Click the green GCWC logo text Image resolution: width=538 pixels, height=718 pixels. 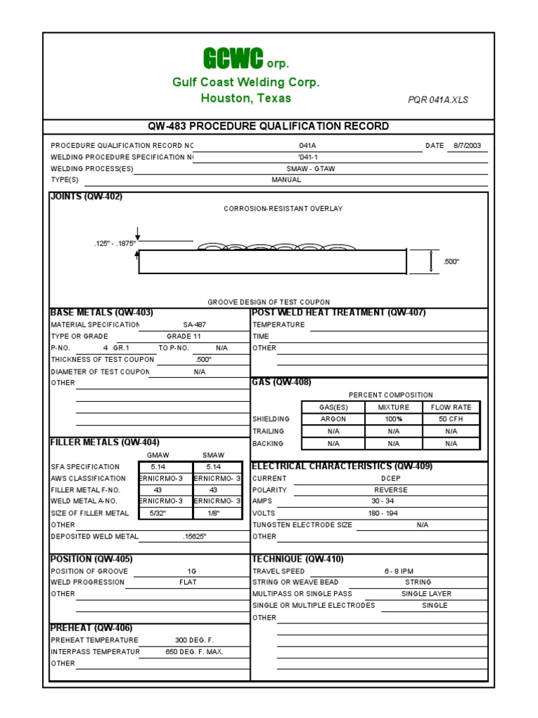coord(233,58)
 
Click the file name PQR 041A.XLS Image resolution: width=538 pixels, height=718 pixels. coord(438,100)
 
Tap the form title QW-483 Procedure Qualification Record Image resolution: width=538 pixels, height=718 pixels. coord(268,126)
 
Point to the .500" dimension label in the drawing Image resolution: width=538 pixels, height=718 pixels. coord(451,262)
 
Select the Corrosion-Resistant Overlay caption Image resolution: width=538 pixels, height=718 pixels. coord(283,209)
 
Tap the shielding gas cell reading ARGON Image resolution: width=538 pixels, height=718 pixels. coord(333,419)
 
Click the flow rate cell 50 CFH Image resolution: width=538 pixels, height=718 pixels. coord(450,419)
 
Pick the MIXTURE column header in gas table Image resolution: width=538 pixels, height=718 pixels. coord(393,407)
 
